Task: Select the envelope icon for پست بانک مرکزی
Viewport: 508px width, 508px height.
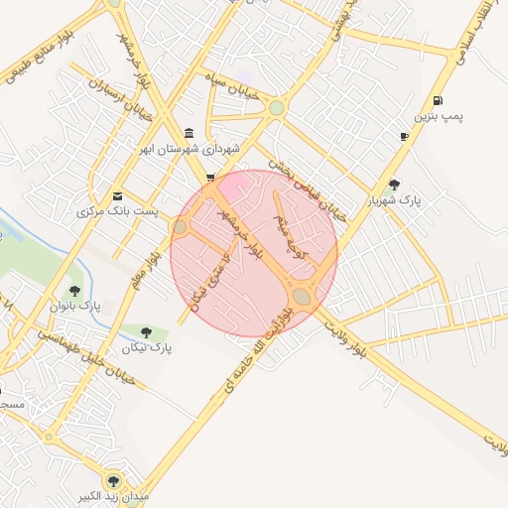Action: point(118,195)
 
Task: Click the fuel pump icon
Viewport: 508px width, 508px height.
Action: point(438,100)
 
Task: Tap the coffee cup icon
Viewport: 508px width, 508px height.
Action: point(404,136)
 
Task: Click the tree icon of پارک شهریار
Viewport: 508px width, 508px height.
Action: point(395,184)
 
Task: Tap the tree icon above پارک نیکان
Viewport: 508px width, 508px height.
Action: point(147,332)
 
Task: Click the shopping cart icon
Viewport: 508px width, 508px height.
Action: point(209,178)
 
